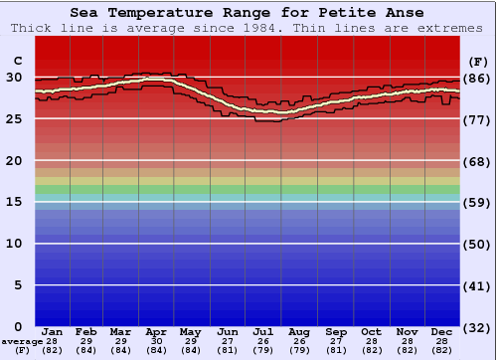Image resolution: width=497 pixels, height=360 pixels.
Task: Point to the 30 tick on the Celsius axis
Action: click(14, 78)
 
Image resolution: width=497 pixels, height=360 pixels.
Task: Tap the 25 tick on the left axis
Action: click(14, 119)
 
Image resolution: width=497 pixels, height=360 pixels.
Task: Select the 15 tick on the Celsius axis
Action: click(14, 202)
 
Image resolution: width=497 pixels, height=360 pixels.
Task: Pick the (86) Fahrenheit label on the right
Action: click(478, 78)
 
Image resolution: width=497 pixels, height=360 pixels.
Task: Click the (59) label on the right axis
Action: click(478, 202)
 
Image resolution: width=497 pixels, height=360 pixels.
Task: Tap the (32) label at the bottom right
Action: click(478, 327)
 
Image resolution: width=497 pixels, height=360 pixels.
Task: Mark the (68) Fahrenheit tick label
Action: click(478, 161)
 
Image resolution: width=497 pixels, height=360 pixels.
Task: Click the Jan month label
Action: click(53, 331)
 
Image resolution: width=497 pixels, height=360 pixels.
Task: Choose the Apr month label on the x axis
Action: click(156, 331)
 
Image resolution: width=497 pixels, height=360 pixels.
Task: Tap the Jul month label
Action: click(263, 331)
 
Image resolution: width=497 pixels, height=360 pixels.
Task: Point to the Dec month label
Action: click(442, 331)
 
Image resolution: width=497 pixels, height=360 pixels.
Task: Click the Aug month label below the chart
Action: click(299, 331)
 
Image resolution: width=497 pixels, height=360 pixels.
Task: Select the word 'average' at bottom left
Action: click(22, 341)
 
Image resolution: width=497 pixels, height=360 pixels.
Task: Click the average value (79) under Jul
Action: click(263, 350)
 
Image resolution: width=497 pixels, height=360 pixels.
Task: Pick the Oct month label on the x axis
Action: click(371, 331)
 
